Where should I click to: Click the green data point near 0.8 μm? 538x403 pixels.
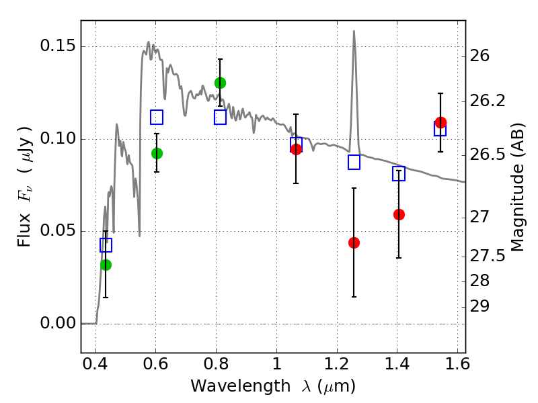(221, 83)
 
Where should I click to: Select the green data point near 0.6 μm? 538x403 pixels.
(157, 154)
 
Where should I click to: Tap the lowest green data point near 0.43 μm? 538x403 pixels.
(106, 265)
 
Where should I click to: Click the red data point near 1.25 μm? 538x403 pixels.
(354, 243)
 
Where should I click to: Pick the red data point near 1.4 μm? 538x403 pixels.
(399, 214)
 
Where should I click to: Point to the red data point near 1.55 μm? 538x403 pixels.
(441, 122)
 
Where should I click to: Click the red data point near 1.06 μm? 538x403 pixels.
(296, 149)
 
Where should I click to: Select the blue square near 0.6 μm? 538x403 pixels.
(157, 117)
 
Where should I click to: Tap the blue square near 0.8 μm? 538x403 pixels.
(221, 117)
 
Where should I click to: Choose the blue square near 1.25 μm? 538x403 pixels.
(354, 162)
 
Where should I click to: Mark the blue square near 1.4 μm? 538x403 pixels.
(399, 174)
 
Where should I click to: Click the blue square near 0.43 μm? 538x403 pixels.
(106, 245)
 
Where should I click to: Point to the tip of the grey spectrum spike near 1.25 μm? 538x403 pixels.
(354, 31)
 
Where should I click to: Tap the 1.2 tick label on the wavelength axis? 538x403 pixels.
(337, 364)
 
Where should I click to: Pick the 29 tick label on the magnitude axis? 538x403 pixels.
(479, 306)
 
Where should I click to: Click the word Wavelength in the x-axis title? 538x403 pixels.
(241, 386)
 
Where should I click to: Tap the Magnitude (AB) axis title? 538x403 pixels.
(518, 188)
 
